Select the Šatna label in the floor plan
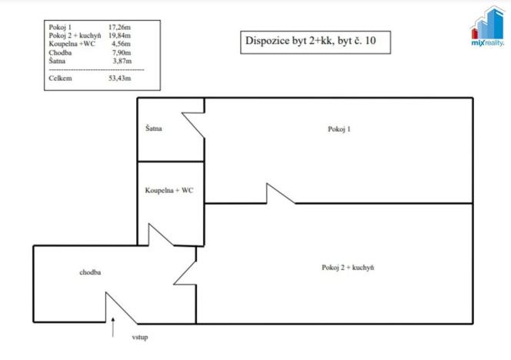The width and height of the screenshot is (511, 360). coord(152,128)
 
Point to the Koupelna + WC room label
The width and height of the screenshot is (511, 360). coord(169,189)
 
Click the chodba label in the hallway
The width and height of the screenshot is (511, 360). coord(90,272)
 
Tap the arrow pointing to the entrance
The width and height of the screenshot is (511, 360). coord(115,328)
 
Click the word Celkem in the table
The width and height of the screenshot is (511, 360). coord(60,78)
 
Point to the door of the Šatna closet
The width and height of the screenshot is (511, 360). coord(193,125)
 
